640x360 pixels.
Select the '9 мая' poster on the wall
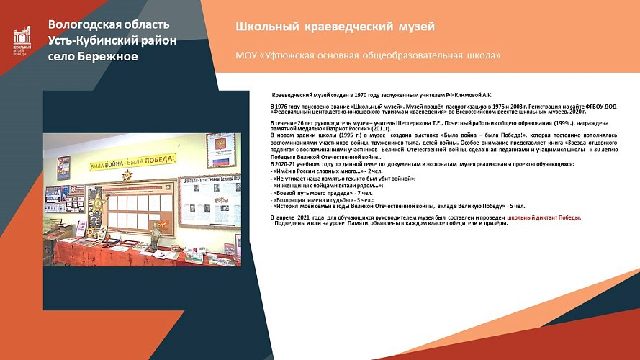pyautogui.click(x=64, y=168)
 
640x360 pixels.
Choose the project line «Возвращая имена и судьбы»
pyautogui.click(x=313, y=200)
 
